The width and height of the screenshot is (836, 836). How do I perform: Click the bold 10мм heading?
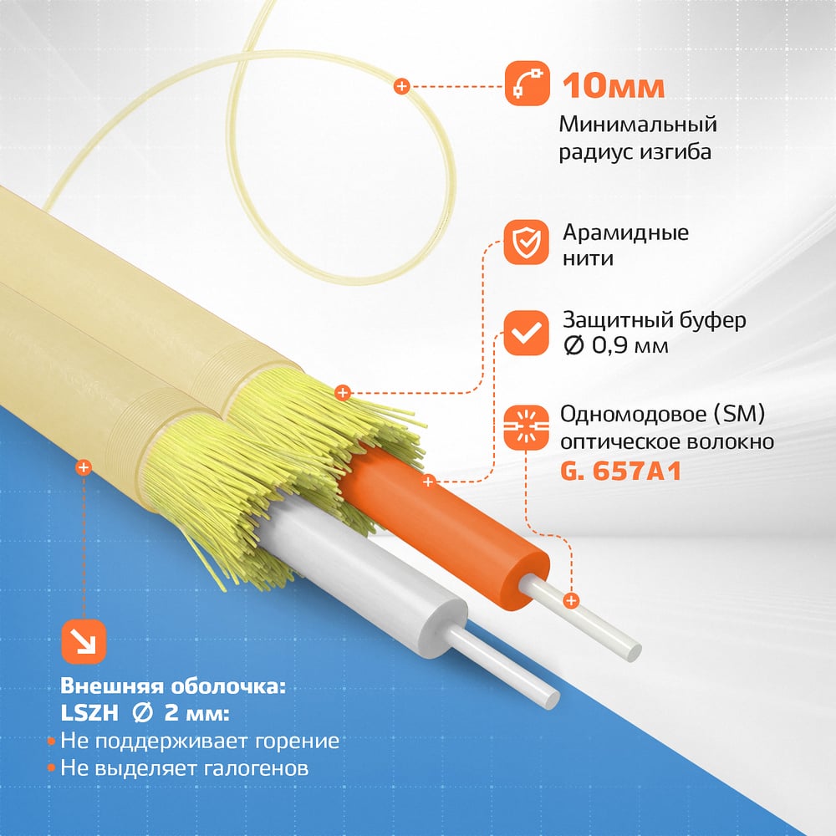[x=613, y=85]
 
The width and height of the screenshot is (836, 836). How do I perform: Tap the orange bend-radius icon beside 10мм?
[x=527, y=83]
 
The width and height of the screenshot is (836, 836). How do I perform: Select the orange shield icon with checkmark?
[x=526, y=242]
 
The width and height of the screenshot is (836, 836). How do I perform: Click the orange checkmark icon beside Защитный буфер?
[x=526, y=333]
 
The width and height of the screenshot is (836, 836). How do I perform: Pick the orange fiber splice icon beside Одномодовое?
[x=526, y=427]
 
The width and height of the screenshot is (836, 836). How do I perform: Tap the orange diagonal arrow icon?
[x=84, y=642]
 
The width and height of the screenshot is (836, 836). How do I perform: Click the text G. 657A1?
[x=620, y=472]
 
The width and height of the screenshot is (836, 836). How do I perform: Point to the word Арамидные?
[x=625, y=233]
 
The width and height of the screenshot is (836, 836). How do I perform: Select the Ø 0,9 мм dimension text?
[x=616, y=346]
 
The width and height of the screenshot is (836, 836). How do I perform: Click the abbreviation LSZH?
[x=89, y=713]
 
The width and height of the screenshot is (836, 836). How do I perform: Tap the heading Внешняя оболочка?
[x=173, y=686]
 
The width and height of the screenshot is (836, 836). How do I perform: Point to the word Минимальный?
[x=638, y=125]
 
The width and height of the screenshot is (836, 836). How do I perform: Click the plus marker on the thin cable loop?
[x=401, y=86]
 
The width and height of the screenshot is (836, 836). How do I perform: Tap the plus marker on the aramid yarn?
[x=342, y=393]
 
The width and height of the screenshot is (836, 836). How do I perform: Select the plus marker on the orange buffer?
[x=428, y=482]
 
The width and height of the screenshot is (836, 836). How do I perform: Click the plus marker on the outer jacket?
[x=83, y=467]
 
